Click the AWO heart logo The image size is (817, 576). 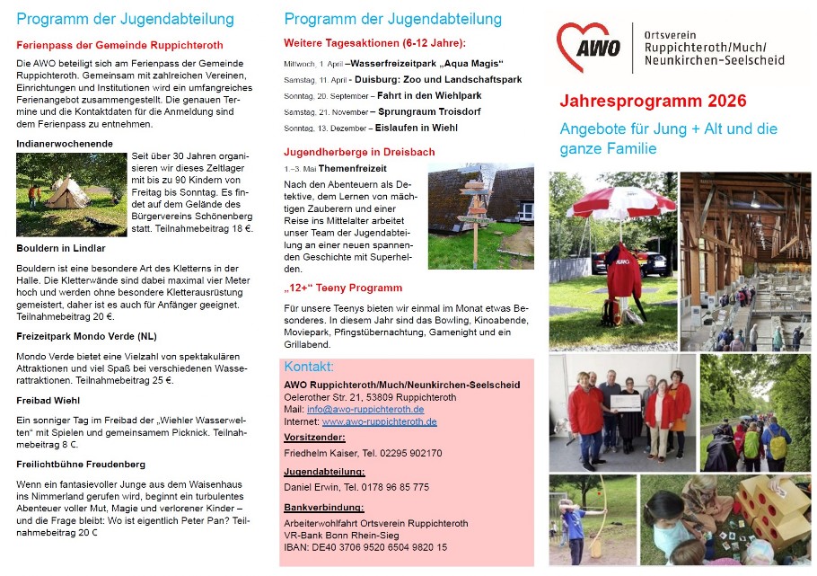point(588,48)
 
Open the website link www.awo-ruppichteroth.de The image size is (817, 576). point(380,421)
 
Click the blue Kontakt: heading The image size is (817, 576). point(309,368)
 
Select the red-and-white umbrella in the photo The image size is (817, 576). point(620,203)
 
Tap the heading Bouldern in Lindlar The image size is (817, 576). point(61,248)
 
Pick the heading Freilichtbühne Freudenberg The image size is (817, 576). point(80,465)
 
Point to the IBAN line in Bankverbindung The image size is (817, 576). point(365,547)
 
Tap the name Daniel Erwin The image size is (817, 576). point(311,487)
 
